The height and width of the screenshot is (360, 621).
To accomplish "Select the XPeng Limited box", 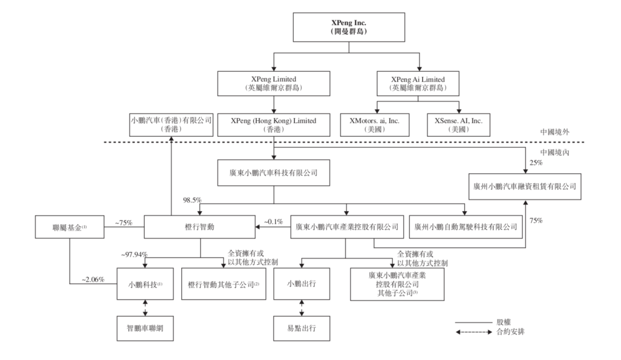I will click(274, 83).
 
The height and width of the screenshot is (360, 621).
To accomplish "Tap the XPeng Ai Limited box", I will click(419, 83).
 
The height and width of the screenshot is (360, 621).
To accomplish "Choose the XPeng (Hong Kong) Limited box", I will click(274, 125).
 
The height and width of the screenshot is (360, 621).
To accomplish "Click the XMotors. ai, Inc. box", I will click(377, 125).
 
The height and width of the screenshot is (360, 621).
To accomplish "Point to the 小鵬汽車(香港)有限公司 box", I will click(171, 125).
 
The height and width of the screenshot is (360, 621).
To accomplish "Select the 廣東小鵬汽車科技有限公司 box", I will click(274, 172).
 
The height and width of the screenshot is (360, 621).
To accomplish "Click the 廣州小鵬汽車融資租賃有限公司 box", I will click(524, 186).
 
